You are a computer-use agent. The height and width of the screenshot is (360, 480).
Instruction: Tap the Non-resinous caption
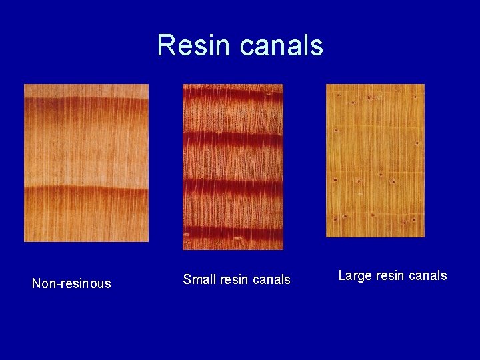(71, 283)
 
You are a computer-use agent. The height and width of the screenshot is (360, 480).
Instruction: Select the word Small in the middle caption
(198, 279)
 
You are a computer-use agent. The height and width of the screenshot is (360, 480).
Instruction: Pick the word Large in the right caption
(354, 275)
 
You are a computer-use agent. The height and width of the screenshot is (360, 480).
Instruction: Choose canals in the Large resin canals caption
(427, 275)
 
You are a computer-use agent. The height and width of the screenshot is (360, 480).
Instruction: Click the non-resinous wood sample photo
(86, 163)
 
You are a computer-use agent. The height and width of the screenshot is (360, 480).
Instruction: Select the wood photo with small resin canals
(233, 167)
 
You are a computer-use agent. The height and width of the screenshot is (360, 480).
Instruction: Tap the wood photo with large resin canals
(375, 160)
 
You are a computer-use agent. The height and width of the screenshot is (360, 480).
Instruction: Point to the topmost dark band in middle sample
(233, 97)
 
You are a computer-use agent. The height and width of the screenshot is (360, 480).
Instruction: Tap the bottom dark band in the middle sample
(233, 233)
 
